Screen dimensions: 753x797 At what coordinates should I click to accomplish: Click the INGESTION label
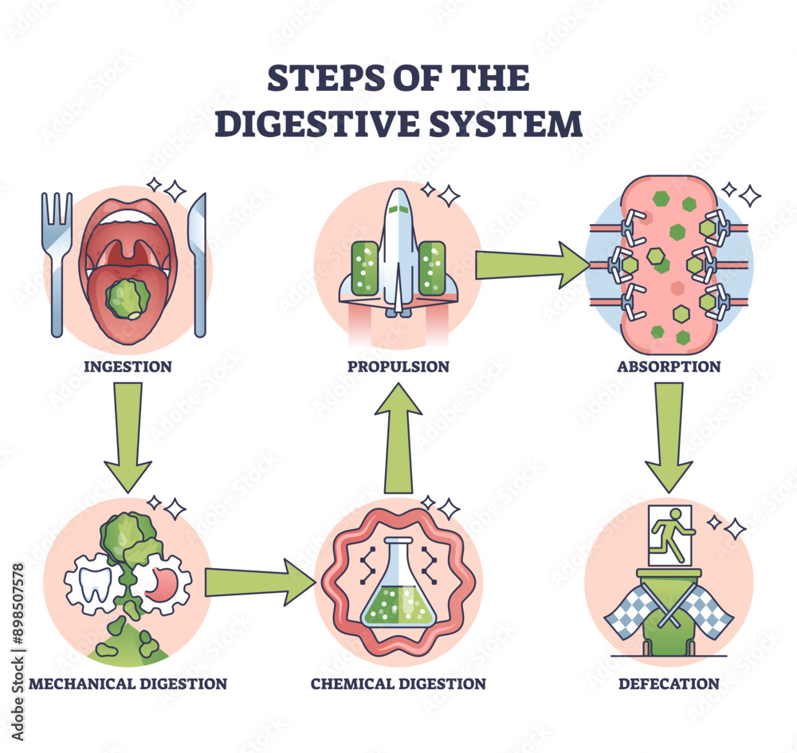(x=128, y=367)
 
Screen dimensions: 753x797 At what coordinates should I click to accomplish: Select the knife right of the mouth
(x=198, y=263)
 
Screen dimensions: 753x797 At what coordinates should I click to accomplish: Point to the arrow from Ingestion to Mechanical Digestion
(x=128, y=434)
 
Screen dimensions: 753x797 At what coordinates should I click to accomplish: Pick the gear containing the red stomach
(x=162, y=586)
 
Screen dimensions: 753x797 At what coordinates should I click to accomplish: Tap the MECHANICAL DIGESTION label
(x=128, y=684)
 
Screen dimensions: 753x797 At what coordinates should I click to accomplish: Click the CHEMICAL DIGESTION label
(x=398, y=684)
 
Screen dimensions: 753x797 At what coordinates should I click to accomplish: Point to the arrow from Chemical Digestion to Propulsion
(x=398, y=438)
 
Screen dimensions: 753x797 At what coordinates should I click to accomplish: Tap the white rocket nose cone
(x=398, y=209)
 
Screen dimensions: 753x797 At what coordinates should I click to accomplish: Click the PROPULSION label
(x=398, y=367)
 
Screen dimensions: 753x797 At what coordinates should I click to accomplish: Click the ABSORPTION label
(x=669, y=367)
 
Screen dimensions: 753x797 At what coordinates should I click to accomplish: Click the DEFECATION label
(x=669, y=684)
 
